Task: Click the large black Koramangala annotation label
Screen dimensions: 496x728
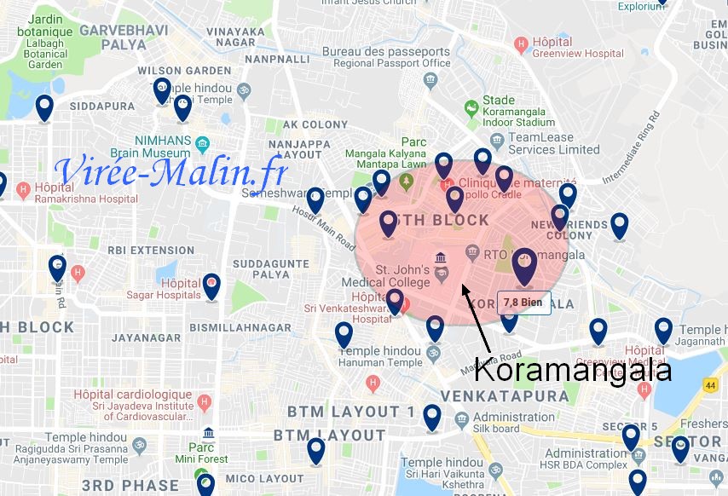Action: (x=573, y=370)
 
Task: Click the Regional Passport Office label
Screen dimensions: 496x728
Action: (x=386, y=57)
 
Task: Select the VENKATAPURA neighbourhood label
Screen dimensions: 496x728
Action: (x=506, y=396)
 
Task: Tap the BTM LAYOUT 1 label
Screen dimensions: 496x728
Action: (x=350, y=412)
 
